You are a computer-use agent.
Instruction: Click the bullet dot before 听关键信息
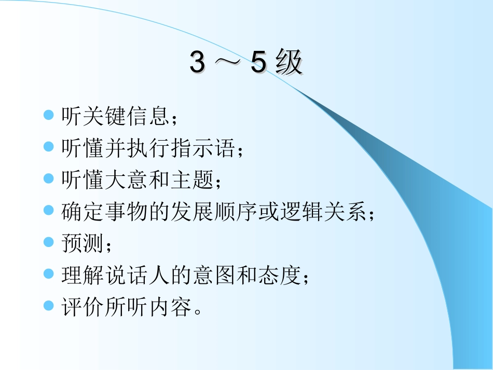pos(49,115)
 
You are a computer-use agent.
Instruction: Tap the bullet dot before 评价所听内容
pos(49,305)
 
